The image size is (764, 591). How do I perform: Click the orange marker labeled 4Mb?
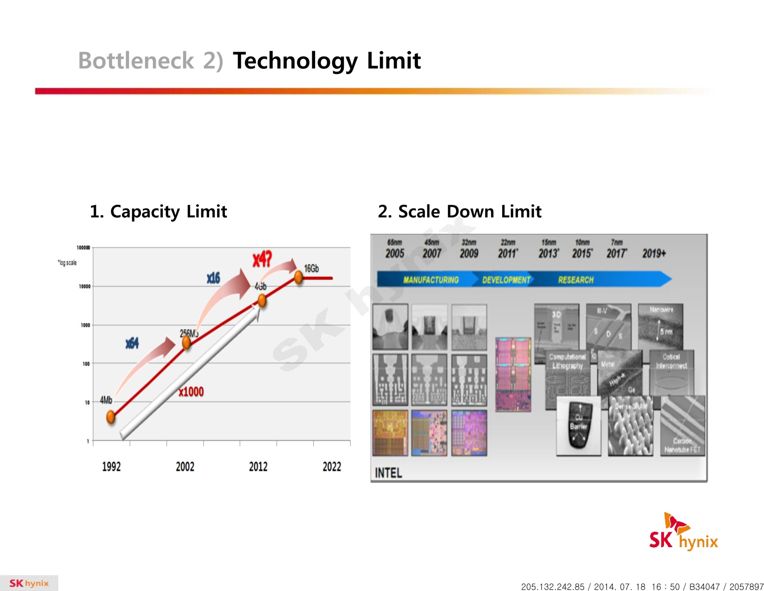[x=111, y=417]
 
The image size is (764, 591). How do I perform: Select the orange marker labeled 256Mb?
[x=186, y=342]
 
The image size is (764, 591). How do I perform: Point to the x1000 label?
[x=191, y=392]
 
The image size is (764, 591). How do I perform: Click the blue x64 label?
[x=132, y=343]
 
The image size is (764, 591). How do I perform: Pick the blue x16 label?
[x=213, y=278]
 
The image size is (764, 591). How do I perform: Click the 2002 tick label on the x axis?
[x=185, y=466]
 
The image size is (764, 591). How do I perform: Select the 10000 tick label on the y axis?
[x=85, y=286]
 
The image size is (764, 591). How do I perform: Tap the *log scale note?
[x=67, y=263]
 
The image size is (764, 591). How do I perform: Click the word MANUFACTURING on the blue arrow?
[x=431, y=280]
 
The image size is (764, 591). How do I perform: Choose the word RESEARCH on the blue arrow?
[x=575, y=280]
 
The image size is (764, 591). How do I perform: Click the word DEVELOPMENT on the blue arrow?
[x=506, y=280]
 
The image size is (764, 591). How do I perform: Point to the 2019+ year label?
[x=654, y=253]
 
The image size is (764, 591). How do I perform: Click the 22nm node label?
[x=508, y=242]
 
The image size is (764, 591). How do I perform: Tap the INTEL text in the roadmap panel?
[x=388, y=473]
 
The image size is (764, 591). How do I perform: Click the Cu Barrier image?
[x=579, y=426]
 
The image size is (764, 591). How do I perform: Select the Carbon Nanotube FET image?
[x=682, y=426]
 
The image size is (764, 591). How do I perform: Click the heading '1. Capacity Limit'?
[x=158, y=211]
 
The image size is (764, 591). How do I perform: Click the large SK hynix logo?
[x=683, y=532]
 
